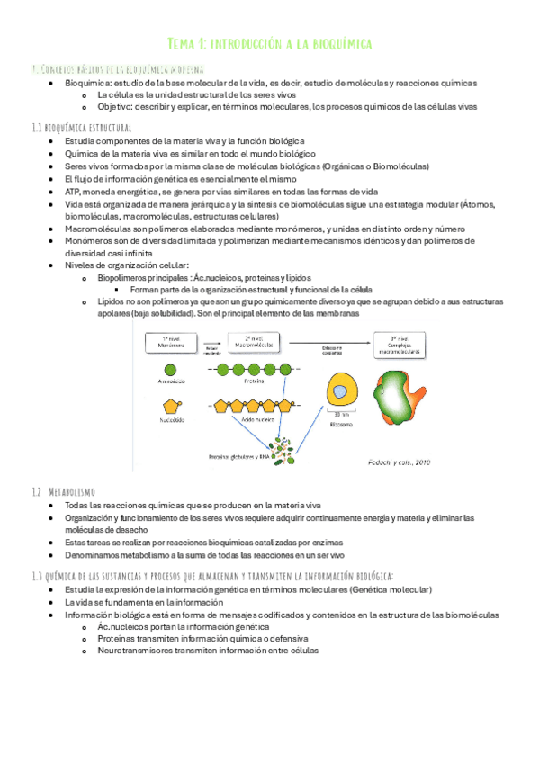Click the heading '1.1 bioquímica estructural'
pos(81,128)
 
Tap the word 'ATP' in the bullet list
pos(74,192)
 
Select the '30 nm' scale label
pos(339,416)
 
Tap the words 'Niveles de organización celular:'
pos(126,265)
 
